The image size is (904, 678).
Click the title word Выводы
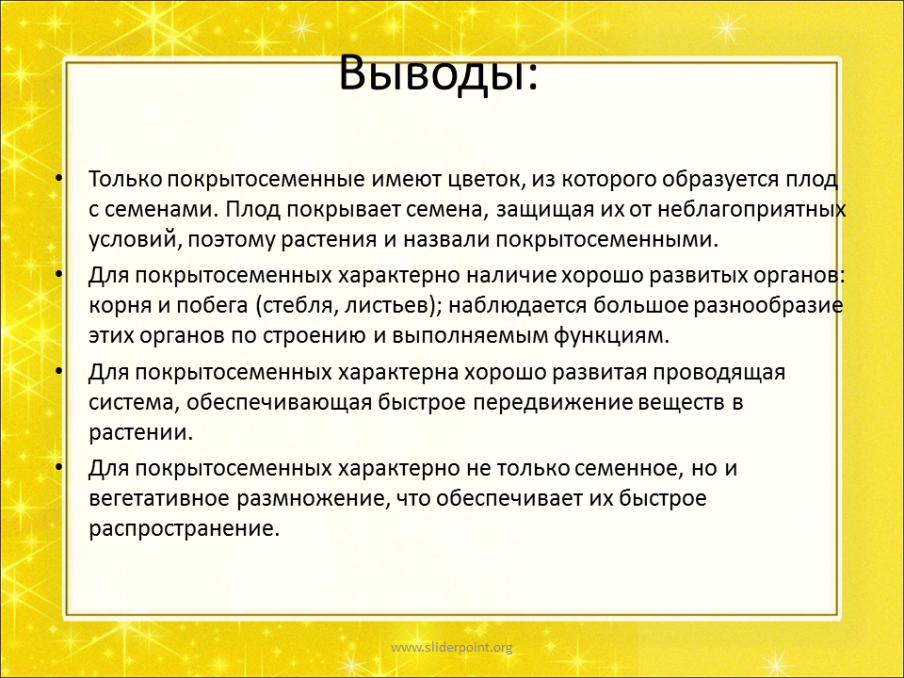click(439, 73)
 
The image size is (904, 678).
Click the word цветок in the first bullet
click(486, 179)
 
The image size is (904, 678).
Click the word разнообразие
click(768, 306)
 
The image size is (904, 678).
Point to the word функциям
click(612, 335)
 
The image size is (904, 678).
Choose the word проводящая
click(718, 374)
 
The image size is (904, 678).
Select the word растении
click(140, 433)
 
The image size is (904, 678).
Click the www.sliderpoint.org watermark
click(451, 648)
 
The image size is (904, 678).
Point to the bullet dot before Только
click(58, 178)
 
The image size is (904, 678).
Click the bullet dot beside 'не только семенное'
click(58, 466)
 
